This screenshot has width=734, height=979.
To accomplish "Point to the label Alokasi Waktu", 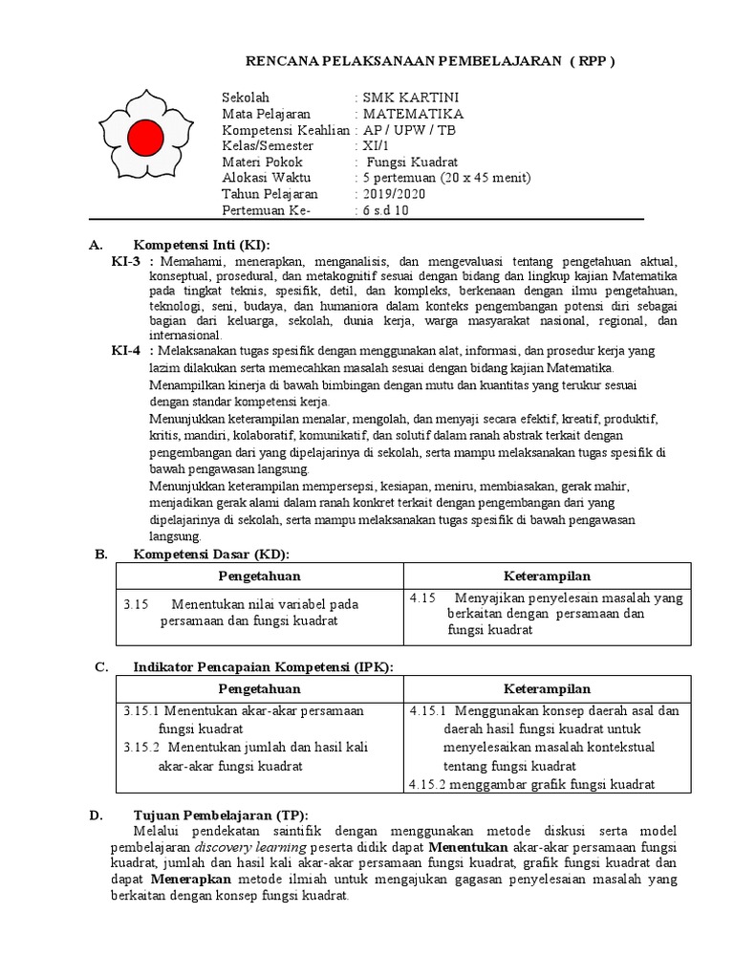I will (x=265, y=178).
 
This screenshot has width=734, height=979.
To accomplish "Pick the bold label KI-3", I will (x=127, y=261).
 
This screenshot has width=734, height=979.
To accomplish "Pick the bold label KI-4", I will (x=127, y=351).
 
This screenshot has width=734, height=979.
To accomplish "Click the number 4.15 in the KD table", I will (x=422, y=598).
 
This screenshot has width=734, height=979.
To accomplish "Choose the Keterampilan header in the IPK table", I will (x=547, y=688).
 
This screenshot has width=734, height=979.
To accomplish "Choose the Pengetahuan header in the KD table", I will (x=259, y=576).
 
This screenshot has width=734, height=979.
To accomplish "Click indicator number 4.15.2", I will (x=427, y=784).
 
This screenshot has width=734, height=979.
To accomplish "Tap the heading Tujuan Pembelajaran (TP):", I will (x=221, y=815).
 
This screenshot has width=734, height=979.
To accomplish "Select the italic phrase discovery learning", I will (x=251, y=848).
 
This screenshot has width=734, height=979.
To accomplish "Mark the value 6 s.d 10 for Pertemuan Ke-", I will (x=384, y=210).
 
